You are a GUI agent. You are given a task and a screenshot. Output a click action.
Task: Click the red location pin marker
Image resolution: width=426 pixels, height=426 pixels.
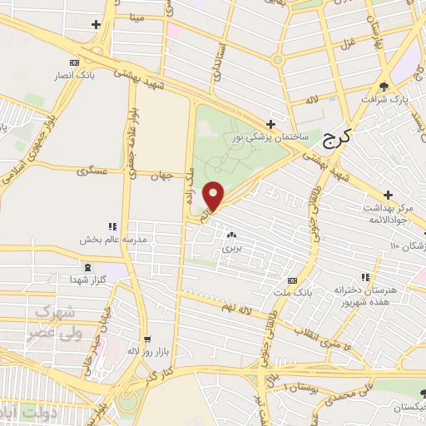(214, 196)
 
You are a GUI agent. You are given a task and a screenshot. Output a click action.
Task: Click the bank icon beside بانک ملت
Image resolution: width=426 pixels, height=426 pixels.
(292, 280)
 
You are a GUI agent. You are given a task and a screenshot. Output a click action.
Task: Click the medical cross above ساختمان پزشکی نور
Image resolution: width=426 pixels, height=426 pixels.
(270, 124)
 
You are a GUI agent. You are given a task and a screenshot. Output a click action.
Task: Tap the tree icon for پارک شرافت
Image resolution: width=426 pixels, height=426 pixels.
(384, 86)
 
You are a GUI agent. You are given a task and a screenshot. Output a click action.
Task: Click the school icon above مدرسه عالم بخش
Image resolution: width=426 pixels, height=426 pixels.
(112, 226)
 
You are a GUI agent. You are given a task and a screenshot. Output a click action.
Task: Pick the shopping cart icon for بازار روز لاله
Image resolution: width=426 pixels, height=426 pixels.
(147, 339)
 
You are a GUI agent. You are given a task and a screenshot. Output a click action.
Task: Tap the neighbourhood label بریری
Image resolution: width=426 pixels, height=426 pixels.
(231, 248)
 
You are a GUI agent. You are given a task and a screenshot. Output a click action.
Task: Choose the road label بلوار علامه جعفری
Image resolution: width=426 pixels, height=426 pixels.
(131, 150)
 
